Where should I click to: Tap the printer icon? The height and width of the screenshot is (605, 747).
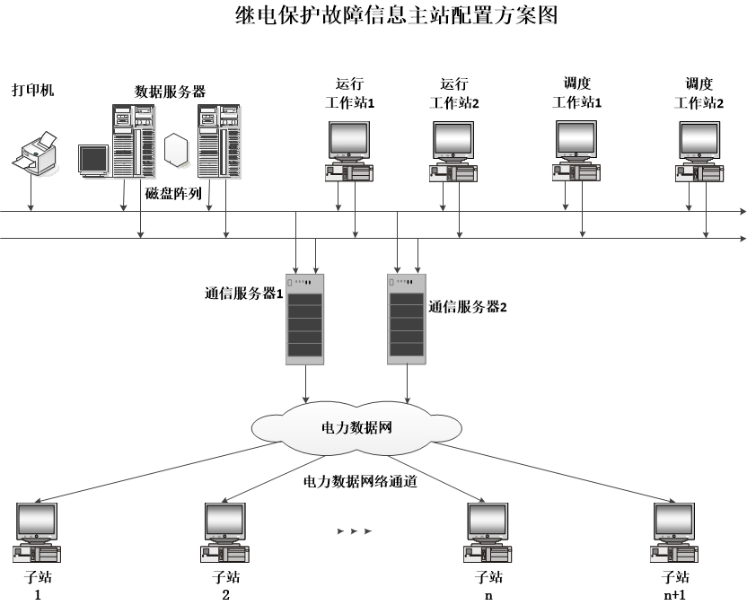[34, 153]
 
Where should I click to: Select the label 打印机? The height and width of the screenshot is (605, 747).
[32, 91]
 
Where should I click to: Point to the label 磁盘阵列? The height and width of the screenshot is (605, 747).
[173, 193]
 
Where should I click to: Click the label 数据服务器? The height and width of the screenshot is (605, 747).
[170, 91]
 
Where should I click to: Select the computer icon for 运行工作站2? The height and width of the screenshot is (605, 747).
[453, 150]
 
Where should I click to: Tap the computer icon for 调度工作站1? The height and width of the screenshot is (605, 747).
[576, 150]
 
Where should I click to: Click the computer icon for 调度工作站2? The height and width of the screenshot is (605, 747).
[699, 150]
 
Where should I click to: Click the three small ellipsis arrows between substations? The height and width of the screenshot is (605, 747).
[354, 531]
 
